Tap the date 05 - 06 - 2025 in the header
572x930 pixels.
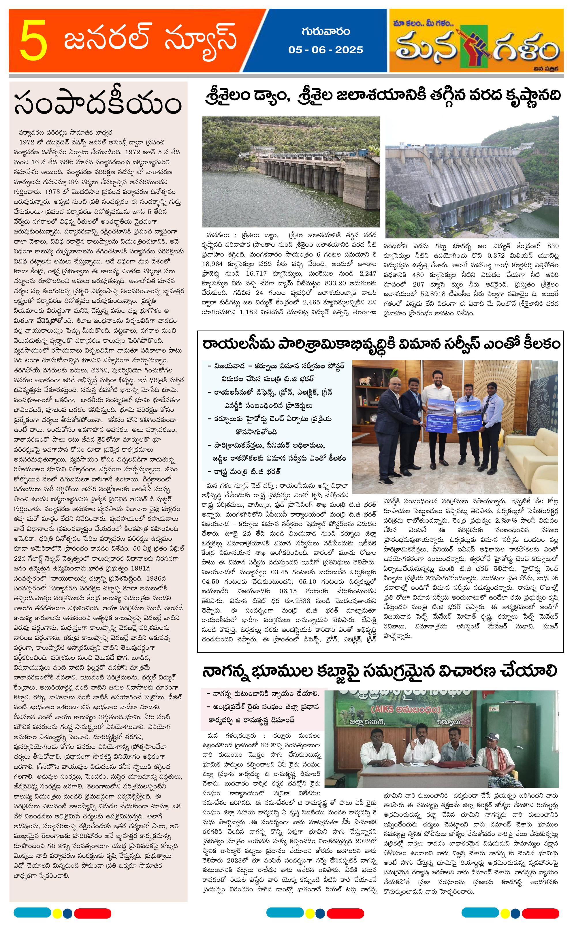(325, 50)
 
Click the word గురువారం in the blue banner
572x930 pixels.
(325, 32)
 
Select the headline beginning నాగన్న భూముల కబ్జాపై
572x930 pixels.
(379, 671)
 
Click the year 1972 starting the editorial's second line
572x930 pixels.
(27, 142)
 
